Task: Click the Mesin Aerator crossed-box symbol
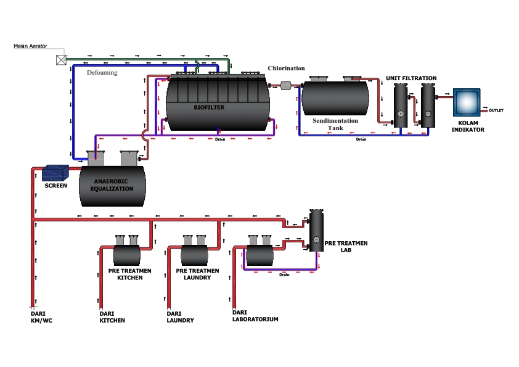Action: click(x=61, y=60)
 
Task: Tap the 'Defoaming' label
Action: click(x=102, y=73)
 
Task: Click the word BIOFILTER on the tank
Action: click(x=209, y=107)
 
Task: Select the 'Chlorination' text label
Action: click(x=286, y=68)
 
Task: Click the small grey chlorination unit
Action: click(x=285, y=85)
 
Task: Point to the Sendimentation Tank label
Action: click(x=335, y=124)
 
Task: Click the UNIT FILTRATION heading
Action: click(x=411, y=78)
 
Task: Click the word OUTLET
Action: click(x=496, y=110)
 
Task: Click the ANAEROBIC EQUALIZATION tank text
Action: click(x=113, y=185)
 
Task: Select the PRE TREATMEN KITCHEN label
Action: click(x=126, y=274)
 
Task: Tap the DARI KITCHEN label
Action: click(x=112, y=317)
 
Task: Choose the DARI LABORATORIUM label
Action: click(x=255, y=316)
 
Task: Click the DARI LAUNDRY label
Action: click(x=180, y=317)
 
